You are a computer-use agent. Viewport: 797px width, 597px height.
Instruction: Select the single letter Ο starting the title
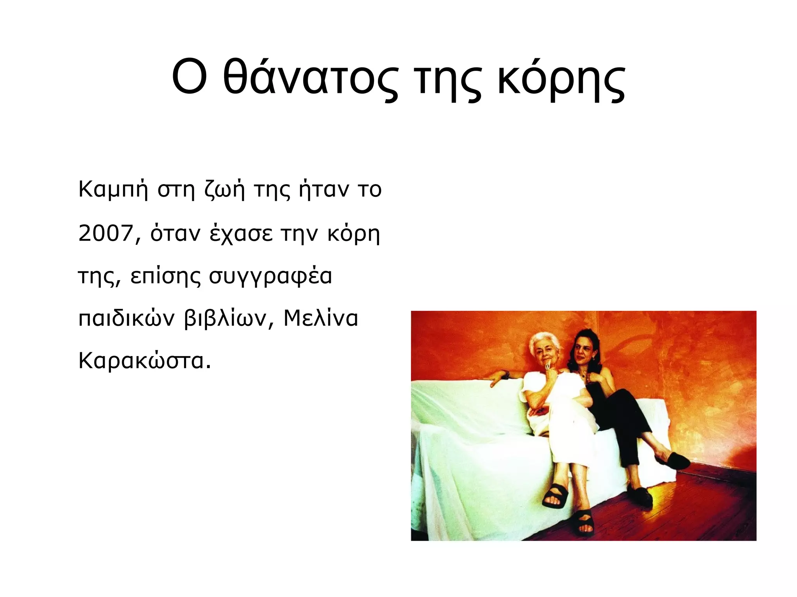click(189, 78)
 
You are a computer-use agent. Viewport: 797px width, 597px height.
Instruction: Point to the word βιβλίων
click(225, 319)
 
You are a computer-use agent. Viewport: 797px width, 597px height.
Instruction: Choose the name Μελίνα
click(321, 319)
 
